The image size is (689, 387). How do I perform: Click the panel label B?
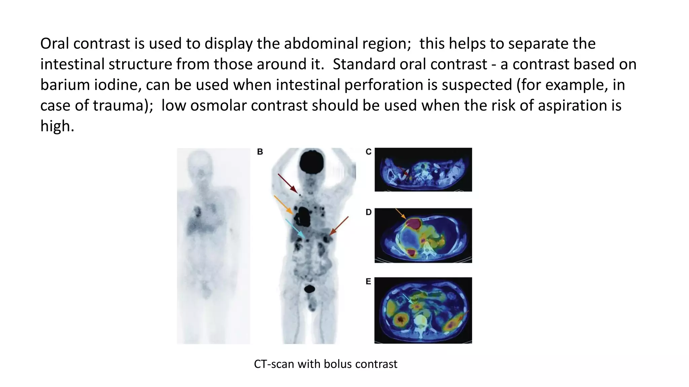(x=260, y=152)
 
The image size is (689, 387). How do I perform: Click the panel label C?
(x=368, y=152)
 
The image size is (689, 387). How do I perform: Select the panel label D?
(x=368, y=212)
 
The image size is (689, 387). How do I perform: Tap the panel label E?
(x=368, y=282)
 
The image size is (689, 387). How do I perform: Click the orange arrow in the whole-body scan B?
(x=283, y=205)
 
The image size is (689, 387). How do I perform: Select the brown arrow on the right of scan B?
(x=339, y=225)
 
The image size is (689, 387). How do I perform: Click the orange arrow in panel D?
(x=400, y=214)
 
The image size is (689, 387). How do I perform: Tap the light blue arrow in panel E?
(x=408, y=299)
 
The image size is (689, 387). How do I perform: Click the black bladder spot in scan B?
(x=310, y=289)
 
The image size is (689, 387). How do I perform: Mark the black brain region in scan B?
(x=312, y=162)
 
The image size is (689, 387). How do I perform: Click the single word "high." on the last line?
(x=57, y=126)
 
